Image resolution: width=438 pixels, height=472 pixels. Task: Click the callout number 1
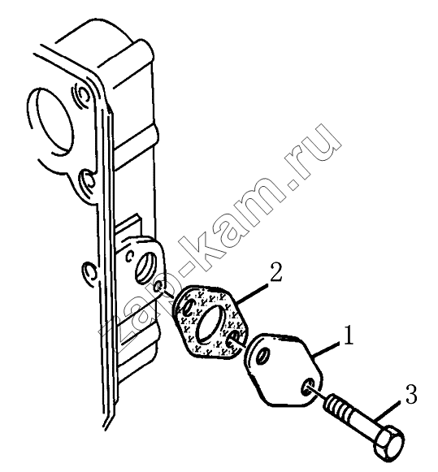[348, 335]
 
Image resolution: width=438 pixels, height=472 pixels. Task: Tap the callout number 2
[275, 271]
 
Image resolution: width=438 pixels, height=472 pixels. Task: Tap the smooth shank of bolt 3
[362, 424]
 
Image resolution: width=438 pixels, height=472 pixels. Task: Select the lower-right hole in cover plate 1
[307, 386]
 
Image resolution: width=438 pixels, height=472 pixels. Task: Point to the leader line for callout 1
[328, 349]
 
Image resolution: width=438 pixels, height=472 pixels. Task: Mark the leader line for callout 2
[252, 293]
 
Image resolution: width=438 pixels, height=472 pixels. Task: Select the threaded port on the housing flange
[145, 265]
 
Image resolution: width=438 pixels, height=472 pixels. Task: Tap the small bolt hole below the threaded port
[159, 287]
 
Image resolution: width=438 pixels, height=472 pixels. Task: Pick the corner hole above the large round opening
[81, 94]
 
